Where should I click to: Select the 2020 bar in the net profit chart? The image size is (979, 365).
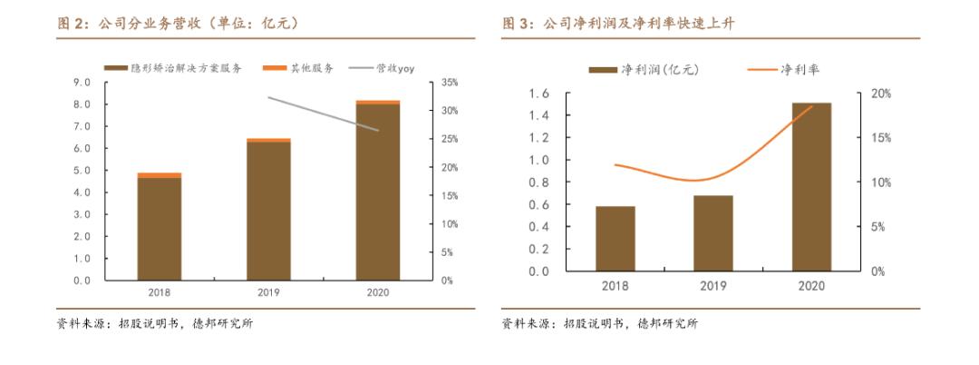[812, 187]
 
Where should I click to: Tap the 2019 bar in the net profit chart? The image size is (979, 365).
[714, 233]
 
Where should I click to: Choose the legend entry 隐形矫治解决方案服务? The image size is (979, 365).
[172, 68]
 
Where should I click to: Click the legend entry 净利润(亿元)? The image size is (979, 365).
[645, 69]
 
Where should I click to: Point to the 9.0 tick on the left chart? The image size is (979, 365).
[82, 83]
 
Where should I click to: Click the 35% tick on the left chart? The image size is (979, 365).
[450, 83]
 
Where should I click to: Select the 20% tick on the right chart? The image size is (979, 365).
[880, 94]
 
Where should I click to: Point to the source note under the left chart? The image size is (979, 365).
[154, 324]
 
